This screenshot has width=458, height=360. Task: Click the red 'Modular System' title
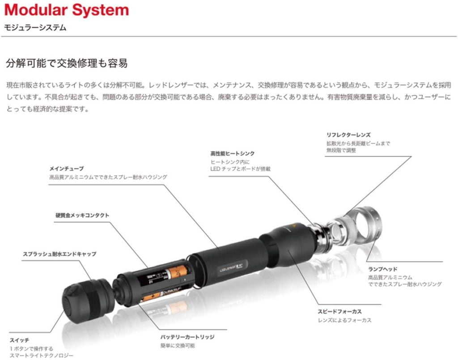coord(67,10)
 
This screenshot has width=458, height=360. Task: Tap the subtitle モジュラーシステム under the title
coord(35,28)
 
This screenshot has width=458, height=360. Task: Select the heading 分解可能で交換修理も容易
coord(67,63)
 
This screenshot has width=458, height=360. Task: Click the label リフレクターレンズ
coord(348,135)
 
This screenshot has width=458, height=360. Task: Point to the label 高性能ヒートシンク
coord(233,153)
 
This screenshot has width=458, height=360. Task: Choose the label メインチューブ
coord(66,169)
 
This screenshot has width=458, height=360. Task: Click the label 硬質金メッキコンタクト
coord(82,216)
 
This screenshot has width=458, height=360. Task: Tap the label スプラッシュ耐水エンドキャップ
coord(59,254)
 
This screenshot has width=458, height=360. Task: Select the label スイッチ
coord(19,340)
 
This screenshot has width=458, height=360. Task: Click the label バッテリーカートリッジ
coord(187,337)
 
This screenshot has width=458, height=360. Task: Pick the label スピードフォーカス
coord(340,312)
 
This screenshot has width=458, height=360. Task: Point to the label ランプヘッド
coord(383,269)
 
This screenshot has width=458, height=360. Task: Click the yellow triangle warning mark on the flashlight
coord(293,226)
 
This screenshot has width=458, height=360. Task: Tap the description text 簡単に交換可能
coord(178,346)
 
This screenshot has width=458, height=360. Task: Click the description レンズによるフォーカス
coord(345,320)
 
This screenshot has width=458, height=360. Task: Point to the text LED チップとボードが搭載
coord(240,169)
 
